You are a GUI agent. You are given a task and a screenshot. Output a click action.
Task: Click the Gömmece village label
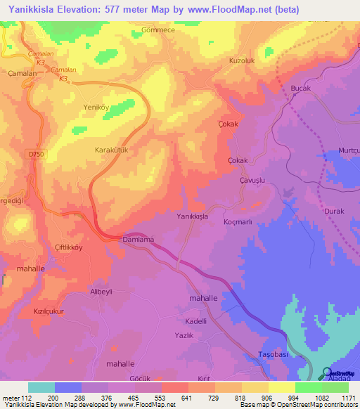coord(148,32)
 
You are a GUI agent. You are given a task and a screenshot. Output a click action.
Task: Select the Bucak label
coord(300,88)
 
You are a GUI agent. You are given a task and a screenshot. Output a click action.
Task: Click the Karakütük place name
coord(113,150)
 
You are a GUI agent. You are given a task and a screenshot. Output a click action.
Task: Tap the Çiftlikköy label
coord(68,248)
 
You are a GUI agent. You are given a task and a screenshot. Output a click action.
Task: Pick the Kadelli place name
coord(195,320)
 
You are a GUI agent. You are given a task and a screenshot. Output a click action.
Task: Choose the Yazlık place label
coord(184,337)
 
